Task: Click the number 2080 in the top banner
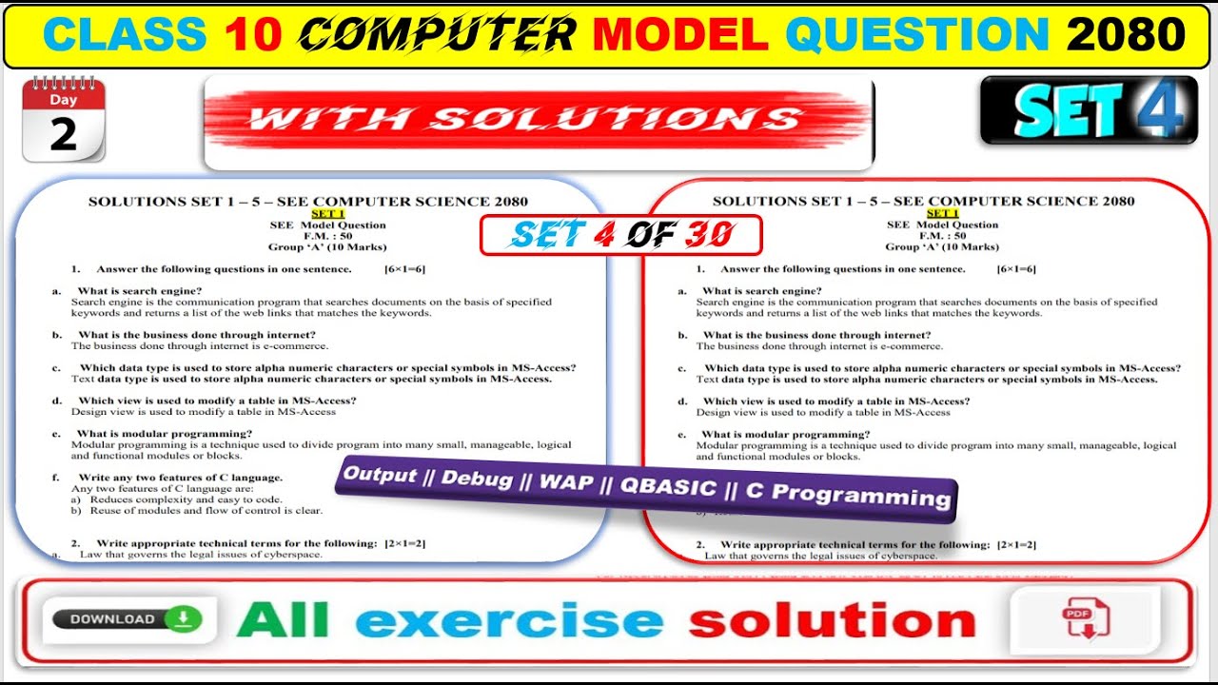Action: pos(1126,35)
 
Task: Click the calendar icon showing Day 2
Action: pos(63,121)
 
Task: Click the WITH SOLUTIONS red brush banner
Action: pos(538,119)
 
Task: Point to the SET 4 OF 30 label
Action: pos(620,235)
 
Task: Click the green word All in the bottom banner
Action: pos(283,620)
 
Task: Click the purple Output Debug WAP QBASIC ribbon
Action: pos(647,485)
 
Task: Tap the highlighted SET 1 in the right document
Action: pos(942,213)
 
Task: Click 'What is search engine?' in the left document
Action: pos(139,291)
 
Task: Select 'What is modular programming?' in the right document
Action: pos(785,435)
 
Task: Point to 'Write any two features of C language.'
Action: pos(180,478)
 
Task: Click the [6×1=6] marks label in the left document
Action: pos(404,269)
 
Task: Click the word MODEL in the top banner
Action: pos(680,35)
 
